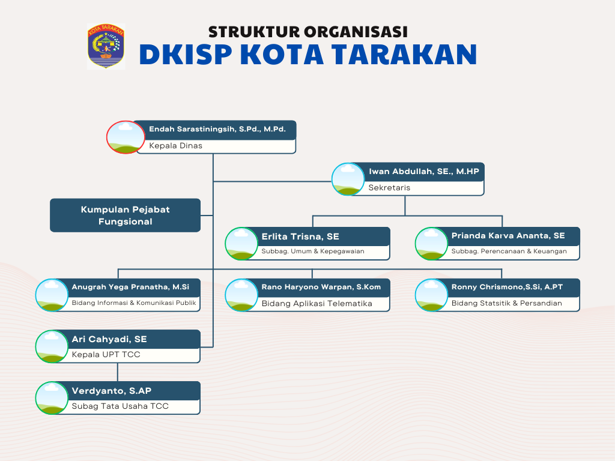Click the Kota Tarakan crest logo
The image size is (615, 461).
coord(106,46)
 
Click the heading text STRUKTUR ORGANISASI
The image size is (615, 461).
coord(308,32)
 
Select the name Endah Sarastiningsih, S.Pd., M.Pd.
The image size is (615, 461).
coord(217,129)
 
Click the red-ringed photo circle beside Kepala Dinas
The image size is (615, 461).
coord(126,137)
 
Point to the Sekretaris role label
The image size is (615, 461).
coord(389,187)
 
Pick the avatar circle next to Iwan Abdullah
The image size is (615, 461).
coord(348,179)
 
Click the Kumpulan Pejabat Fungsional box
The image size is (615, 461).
coord(125,215)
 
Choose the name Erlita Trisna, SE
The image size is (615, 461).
coord(300,237)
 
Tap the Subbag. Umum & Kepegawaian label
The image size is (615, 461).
coord(312,252)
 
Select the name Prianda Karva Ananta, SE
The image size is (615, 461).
coord(508,235)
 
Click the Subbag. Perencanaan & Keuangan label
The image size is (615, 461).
coord(509,252)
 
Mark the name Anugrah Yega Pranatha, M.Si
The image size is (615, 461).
coord(130,287)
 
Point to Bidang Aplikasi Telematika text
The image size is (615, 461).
coord(317,303)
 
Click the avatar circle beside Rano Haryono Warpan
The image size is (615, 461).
coord(241,295)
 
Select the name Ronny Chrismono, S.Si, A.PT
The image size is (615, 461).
coord(507,287)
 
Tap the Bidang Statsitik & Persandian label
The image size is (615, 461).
coord(506,303)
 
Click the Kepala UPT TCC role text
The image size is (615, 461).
coord(106,354)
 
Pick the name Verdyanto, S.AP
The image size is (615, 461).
coord(111,391)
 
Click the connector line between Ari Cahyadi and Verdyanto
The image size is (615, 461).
coord(118,372)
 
